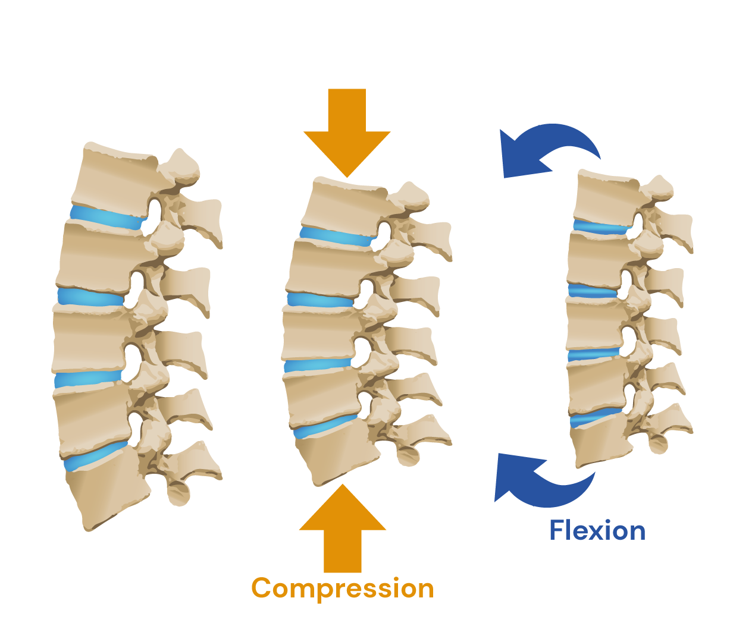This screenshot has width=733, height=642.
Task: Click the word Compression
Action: pos(343,588)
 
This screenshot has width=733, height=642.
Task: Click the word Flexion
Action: pos(597,530)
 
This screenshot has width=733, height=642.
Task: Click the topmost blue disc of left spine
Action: pos(107,217)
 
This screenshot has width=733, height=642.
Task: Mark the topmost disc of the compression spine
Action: pos(337,237)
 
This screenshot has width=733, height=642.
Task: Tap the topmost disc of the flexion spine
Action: pos(601,226)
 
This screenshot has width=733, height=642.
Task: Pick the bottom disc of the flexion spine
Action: pos(595,417)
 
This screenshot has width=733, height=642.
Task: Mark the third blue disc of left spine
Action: pos(88,379)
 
